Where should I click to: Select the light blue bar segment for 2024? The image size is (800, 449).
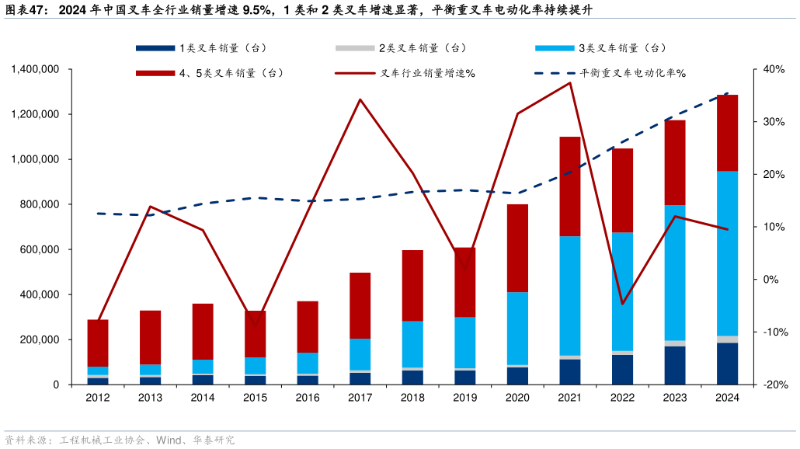727,253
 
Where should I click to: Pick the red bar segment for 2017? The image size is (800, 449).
360,305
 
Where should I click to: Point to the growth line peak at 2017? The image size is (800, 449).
360,99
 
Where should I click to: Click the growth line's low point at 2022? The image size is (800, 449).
622,304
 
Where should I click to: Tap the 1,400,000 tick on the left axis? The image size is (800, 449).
37,70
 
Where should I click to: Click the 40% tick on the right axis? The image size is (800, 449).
774,70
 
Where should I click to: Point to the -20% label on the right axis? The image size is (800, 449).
774,385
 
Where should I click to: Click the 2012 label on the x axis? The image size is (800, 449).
98,398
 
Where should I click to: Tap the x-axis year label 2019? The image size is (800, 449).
464,398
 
